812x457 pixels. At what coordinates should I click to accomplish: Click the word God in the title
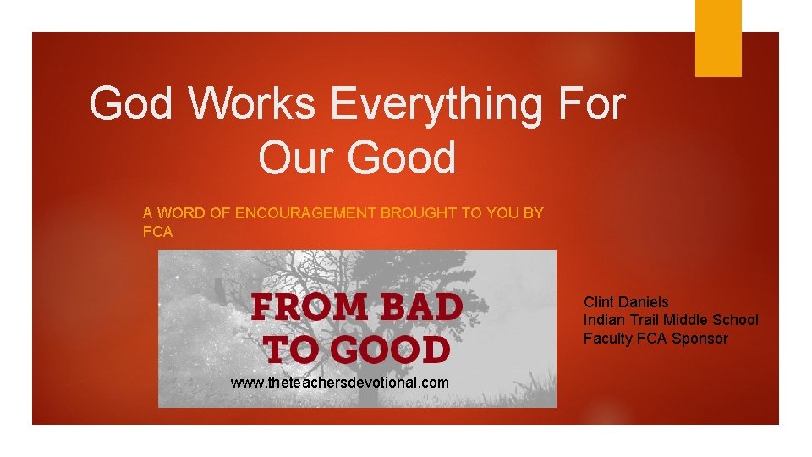[x=132, y=105]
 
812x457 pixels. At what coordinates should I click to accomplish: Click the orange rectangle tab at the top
[x=718, y=38]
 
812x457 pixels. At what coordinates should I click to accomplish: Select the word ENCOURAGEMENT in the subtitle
[x=305, y=213]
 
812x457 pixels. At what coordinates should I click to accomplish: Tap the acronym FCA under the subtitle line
[x=157, y=232]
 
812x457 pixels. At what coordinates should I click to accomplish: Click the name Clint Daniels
[x=626, y=302]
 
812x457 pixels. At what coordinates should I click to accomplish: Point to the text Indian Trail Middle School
[x=671, y=320]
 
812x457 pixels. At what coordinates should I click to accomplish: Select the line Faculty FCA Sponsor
[x=656, y=339]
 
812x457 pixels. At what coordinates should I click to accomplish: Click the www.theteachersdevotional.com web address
[x=340, y=383]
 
